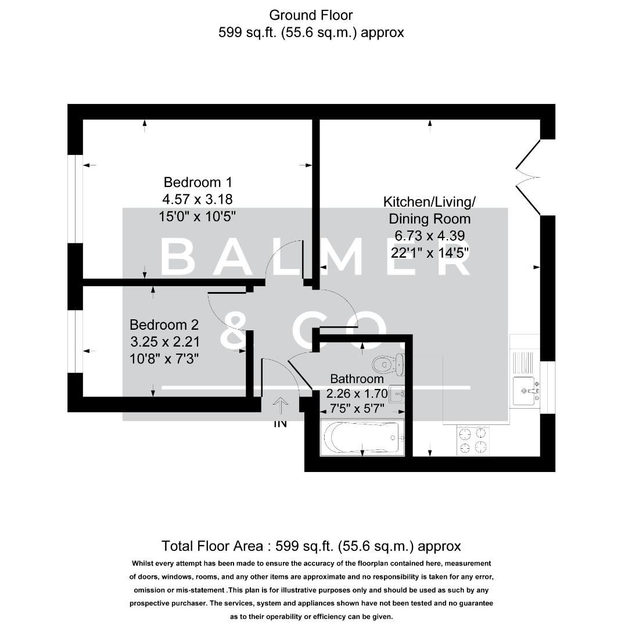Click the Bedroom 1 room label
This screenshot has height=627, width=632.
click(198, 182)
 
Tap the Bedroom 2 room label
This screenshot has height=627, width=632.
click(164, 325)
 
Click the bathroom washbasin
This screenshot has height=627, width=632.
click(397, 394)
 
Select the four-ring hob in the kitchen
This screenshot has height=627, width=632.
click(472, 439)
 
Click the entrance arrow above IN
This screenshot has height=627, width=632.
click(281, 405)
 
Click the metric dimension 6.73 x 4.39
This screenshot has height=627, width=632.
click(429, 236)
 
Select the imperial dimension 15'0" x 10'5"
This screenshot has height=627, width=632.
click(198, 217)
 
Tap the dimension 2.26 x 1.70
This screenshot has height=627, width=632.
click(365, 393)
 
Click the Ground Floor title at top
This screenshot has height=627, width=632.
click(311, 15)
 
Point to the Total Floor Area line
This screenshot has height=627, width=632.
click(311, 546)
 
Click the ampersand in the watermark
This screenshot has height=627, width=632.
click(237, 331)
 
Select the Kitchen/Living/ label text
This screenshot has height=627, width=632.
click(429, 202)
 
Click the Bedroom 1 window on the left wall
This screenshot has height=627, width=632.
click(76, 198)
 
